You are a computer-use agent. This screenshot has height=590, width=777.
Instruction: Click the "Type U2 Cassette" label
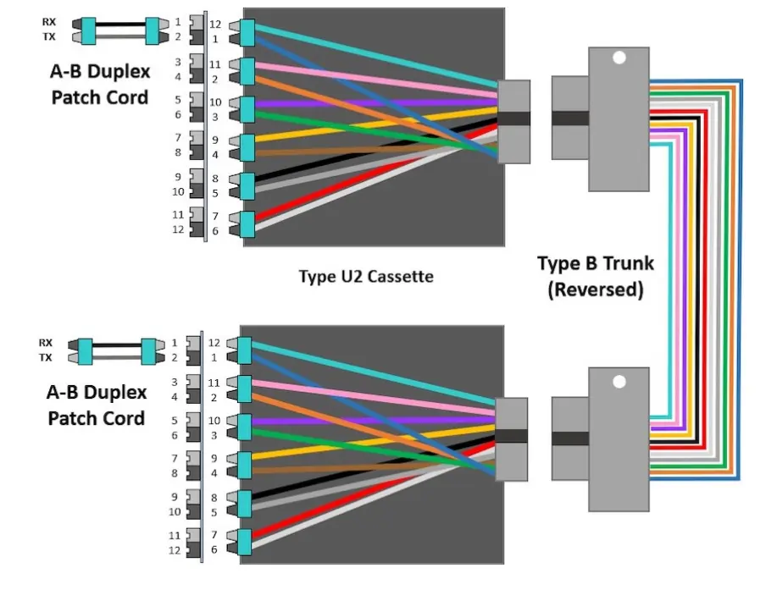point(366,276)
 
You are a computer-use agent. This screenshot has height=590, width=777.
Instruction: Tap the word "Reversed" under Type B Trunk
point(595,289)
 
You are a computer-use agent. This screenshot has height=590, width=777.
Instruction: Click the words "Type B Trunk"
point(595,263)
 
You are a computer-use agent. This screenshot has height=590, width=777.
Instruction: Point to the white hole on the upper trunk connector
point(619,59)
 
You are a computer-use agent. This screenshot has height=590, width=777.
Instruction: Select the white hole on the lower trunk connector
point(619,380)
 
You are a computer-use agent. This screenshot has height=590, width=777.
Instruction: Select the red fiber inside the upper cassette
point(373,179)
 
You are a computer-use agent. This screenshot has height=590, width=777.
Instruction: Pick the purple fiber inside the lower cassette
point(373,420)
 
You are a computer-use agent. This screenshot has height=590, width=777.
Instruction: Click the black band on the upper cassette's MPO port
point(513,119)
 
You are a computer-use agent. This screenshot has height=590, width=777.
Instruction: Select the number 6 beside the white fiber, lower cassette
point(215,549)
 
